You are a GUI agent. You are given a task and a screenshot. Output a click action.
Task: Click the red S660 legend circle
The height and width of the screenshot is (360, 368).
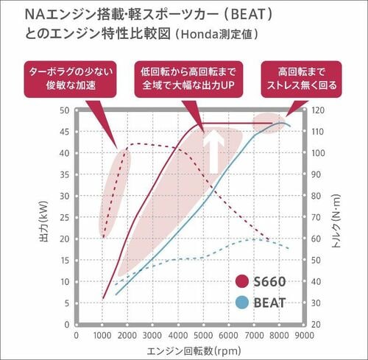pyautogui.click(x=241, y=281)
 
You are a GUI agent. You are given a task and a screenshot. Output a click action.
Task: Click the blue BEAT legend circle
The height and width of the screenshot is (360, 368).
pyautogui.click(x=241, y=303)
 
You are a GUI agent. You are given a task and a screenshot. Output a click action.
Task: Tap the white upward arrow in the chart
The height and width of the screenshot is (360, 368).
pyautogui.click(x=214, y=152)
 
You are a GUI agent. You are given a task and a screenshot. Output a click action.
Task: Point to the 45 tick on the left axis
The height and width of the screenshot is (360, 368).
pyautogui.click(x=65, y=132)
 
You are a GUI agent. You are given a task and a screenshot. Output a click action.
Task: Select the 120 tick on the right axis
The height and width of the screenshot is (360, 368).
pyautogui.click(x=318, y=110)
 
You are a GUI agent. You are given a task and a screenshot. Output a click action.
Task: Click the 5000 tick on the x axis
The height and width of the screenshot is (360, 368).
pyautogui.click(x=203, y=336)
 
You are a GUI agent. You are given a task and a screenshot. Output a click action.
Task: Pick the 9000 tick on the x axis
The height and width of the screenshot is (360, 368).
pyautogui.click(x=305, y=336)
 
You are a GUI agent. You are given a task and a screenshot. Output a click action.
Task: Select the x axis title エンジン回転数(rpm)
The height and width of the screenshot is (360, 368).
pyautogui.click(x=194, y=351)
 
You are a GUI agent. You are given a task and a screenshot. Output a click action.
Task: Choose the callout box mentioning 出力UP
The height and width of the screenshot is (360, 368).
pyautogui.click(x=188, y=80)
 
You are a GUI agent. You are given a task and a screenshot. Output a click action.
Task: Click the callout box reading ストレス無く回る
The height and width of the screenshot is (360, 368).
pyautogui.click(x=301, y=80)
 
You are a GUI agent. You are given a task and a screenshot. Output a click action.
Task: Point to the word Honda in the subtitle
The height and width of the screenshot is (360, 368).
pyautogui.click(x=199, y=35)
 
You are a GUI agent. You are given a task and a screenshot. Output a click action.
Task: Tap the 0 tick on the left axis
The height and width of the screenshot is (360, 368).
pyautogui.click(x=67, y=325)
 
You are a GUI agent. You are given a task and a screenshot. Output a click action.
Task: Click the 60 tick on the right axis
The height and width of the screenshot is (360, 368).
pyautogui.click(x=316, y=239)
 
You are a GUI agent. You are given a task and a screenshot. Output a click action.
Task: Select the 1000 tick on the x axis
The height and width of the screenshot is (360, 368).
pyautogui.click(x=102, y=336)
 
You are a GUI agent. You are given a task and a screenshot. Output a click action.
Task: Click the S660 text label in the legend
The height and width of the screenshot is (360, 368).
pyautogui.click(x=269, y=281)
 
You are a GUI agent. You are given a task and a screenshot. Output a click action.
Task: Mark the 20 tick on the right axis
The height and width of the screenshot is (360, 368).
pyautogui.click(x=316, y=325)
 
